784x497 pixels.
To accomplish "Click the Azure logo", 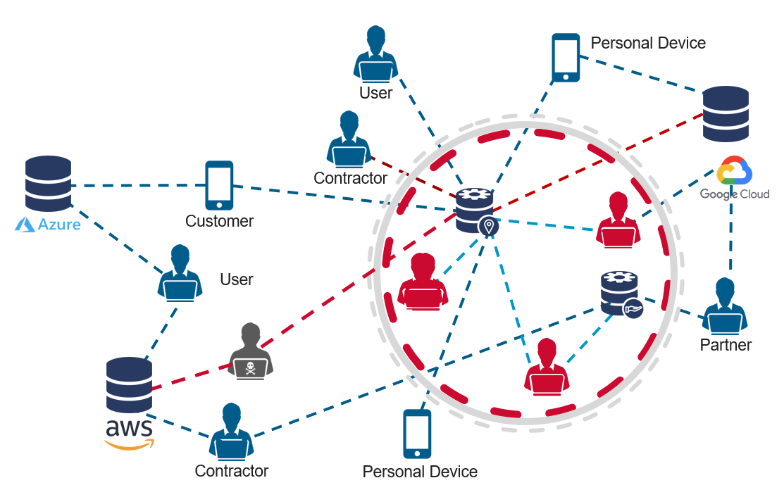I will coord(48,225).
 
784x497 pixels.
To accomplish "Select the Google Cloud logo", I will coord(734,180).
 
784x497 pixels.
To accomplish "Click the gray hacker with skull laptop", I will coord(249,351).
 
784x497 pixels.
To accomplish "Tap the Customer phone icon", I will coord(219,185).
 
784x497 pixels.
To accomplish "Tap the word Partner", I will coord(726,345).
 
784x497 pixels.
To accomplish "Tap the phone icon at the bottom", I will coord(417,434).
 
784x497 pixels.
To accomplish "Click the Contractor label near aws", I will coord(232,471).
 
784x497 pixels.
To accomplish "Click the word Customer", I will coord(219,221).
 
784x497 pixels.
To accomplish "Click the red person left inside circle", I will coord(423,282).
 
